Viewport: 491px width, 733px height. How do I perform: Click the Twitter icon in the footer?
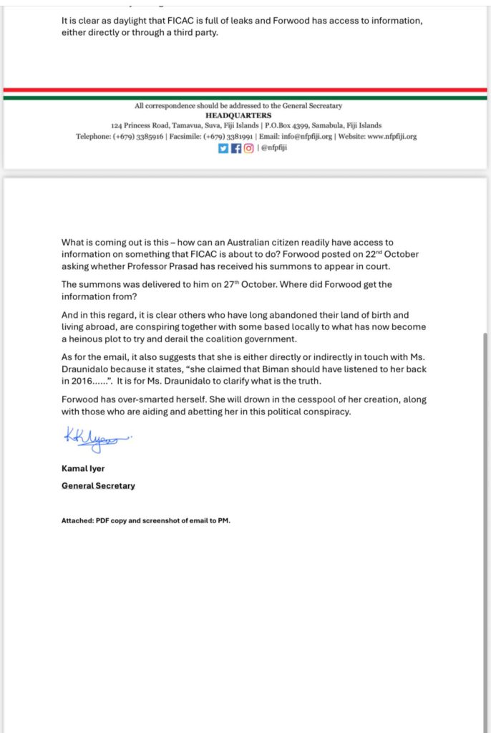click(223, 148)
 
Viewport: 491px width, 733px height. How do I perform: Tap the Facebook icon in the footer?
click(235, 148)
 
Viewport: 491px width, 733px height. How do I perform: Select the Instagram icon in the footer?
click(248, 148)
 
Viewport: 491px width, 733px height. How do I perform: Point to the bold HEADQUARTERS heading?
click(238, 115)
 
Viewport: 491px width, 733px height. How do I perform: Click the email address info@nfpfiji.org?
click(303, 136)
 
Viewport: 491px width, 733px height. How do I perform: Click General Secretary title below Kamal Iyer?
click(98, 486)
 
